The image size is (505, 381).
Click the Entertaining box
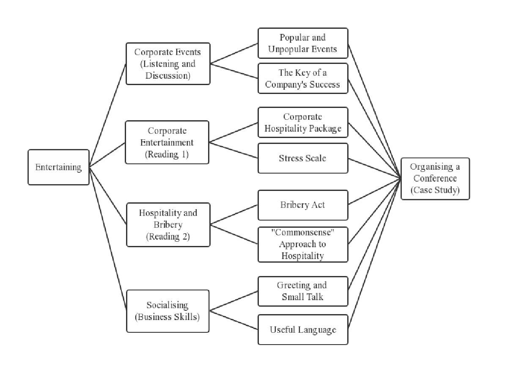tap(58, 167)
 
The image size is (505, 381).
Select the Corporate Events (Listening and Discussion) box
tap(168, 63)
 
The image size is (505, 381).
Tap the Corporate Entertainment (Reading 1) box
tap(167, 142)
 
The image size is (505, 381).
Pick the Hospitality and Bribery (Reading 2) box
tap(168, 224)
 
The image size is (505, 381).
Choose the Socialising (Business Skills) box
tap(167, 311)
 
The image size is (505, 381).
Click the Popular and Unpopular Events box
tap(303, 43)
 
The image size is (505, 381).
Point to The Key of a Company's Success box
tap(303, 78)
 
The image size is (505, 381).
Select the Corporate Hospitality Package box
tap(303, 122)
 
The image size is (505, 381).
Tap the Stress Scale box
tap(303, 158)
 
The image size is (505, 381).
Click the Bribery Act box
tap(303, 205)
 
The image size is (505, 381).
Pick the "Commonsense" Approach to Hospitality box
tap(303, 244)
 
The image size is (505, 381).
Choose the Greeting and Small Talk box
tap(303, 291)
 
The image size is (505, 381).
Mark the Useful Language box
tap(303, 329)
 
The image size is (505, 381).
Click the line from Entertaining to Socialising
tap(108, 238)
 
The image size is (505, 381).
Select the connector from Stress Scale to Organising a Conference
tap(374, 168)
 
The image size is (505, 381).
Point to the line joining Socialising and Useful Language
tap(233, 320)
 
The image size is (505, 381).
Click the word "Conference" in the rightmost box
tap(435, 179)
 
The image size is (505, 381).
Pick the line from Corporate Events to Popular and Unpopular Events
tap(234, 53)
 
